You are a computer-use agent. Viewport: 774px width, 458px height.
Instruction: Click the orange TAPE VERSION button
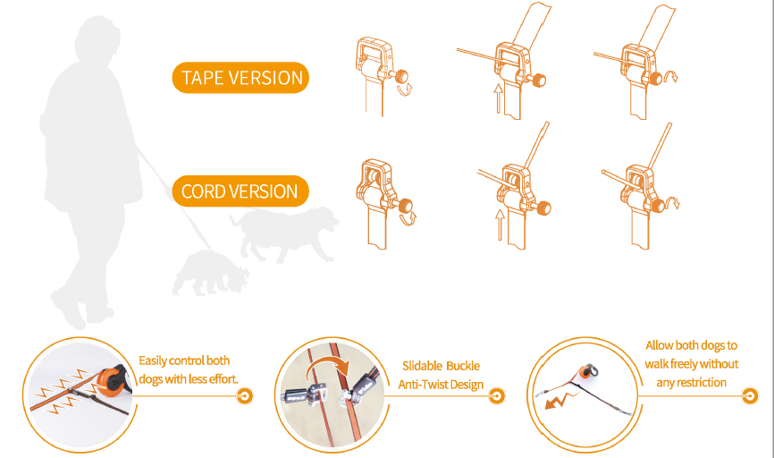(240, 78)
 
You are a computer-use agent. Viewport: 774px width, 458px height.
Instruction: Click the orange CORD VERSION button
(240, 191)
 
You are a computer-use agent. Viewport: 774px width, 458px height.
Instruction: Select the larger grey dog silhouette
(284, 233)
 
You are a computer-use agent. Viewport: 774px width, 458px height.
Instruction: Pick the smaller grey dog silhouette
(210, 273)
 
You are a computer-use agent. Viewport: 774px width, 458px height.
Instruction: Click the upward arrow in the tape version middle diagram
(499, 98)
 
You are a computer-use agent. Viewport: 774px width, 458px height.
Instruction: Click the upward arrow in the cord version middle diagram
(500, 225)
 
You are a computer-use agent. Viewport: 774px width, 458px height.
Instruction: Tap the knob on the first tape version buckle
(400, 76)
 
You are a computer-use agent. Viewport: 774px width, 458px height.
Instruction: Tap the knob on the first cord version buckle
(405, 205)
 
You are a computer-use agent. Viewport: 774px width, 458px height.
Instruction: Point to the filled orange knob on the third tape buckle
(655, 78)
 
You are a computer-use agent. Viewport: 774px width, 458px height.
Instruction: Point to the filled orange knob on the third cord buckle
(658, 205)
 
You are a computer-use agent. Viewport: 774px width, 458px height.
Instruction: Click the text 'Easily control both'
(184, 360)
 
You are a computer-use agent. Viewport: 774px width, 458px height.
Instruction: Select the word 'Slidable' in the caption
(422, 366)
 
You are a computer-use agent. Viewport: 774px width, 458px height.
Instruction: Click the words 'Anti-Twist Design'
(441, 385)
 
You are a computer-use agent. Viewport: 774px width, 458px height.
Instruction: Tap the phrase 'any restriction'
(691, 382)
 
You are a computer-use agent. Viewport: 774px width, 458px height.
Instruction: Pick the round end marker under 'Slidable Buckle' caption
(497, 395)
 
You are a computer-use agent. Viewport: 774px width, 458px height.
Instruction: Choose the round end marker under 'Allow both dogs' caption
(750, 395)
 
